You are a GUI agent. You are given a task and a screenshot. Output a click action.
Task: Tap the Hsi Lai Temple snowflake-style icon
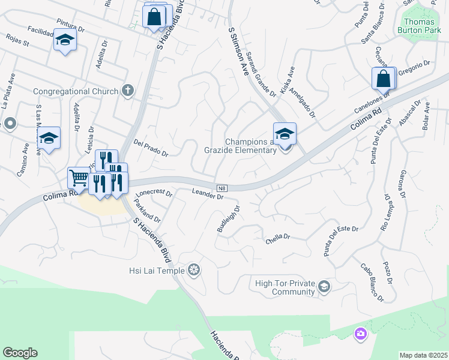pos(193,271)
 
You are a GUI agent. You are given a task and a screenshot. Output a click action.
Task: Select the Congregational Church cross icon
pos(127,91)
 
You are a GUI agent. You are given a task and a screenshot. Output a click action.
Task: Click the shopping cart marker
pos(79,178)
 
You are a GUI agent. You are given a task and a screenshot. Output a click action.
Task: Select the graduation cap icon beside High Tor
pos(324,287)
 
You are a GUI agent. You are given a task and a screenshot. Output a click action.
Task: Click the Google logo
pos(20,353)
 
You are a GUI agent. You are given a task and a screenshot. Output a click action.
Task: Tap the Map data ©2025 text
pos(423,355)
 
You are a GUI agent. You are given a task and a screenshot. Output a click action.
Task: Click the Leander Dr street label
pos(208,193)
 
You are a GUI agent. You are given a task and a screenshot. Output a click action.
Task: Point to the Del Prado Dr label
pos(151,148)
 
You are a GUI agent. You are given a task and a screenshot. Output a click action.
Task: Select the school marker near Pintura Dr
pos(65,41)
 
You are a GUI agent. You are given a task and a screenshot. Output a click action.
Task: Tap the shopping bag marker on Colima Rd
pos(383,79)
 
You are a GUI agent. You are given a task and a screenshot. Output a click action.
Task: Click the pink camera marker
pos(360,334)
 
